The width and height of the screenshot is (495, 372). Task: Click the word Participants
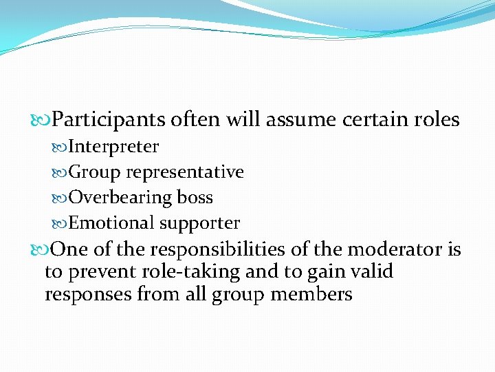click(x=109, y=121)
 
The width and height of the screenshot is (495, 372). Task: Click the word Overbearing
click(x=120, y=198)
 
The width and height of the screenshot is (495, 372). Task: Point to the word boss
click(x=195, y=198)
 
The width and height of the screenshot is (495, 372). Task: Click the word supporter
click(x=200, y=224)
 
